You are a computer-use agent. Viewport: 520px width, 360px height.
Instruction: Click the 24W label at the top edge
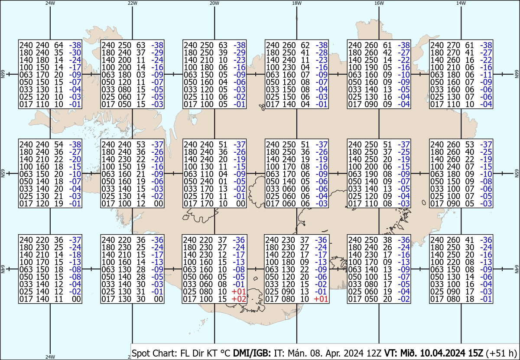(x=50, y=3)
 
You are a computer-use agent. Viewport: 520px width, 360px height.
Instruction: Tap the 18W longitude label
(x=297, y=3)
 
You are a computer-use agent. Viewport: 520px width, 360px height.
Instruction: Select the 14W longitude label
(x=461, y=3)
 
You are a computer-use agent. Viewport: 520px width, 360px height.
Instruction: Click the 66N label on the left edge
(x=3, y=74)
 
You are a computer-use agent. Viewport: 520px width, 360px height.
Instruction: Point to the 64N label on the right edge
(x=517, y=269)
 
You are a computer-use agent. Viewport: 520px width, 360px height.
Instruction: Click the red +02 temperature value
(x=239, y=299)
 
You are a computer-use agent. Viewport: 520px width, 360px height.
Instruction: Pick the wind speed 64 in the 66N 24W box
(x=59, y=45)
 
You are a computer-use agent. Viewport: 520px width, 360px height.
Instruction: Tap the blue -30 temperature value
(x=75, y=52)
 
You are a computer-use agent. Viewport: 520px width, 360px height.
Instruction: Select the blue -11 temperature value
(x=486, y=75)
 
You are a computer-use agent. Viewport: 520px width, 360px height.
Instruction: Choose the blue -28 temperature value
(x=322, y=52)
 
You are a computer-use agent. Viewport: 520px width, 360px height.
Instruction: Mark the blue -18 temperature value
(x=75, y=255)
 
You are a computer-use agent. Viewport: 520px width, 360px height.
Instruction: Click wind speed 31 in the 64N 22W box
(x=141, y=291)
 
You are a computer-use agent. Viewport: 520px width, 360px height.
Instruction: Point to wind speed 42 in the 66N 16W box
(x=387, y=52)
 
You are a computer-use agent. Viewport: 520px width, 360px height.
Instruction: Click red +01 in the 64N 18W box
(x=321, y=299)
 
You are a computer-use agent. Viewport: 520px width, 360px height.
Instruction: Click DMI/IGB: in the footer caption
(x=252, y=353)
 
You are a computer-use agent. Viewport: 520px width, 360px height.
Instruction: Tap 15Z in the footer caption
(x=475, y=353)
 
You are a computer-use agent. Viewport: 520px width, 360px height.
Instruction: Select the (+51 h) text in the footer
(x=501, y=353)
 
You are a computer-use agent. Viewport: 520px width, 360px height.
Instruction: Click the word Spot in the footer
(x=141, y=353)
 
